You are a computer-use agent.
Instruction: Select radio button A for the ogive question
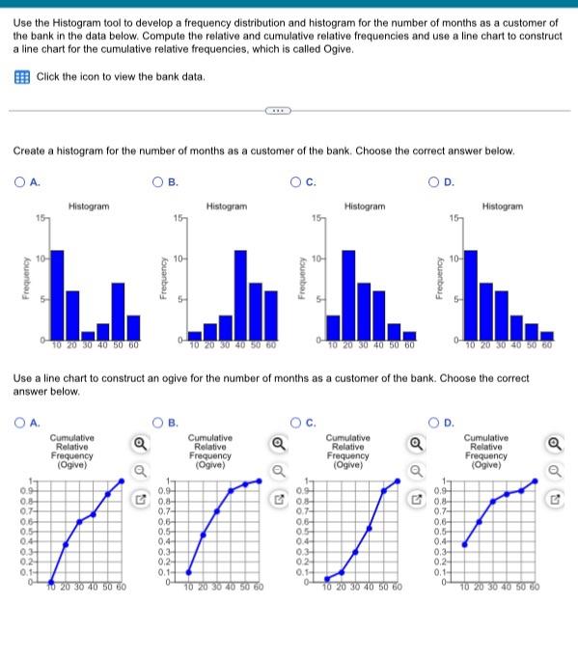(x=18, y=421)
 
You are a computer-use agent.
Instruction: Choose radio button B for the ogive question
(x=161, y=421)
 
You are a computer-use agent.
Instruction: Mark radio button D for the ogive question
(x=435, y=421)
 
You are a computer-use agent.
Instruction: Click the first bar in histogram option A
(x=57, y=294)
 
